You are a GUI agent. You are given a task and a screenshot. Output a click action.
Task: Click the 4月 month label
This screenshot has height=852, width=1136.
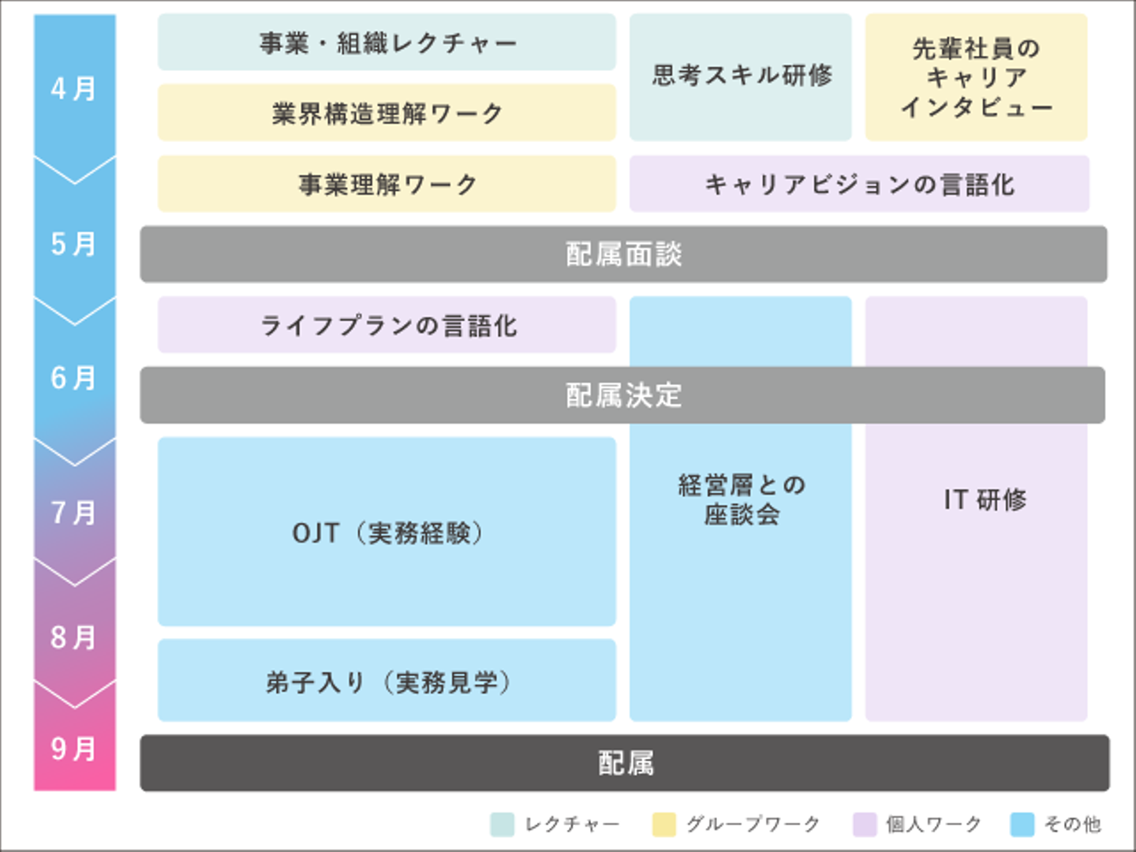pyautogui.click(x=74, y=88)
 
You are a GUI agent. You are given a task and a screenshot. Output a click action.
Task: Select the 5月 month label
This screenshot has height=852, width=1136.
pyautogui.click(x=74, y=244)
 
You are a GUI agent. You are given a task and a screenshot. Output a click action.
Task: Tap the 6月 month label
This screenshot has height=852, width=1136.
pyautogui.click(x=74, y=378)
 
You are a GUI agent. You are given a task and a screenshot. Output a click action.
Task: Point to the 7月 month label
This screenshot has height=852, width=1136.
pyautogui.click(x=74, y=513)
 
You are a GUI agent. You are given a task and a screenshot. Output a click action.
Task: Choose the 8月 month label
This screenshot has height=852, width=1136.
pyautogui.click(x=74, y=637)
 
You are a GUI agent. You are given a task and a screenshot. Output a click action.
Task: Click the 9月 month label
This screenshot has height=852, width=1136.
pyautogui.click(x=74, y=748)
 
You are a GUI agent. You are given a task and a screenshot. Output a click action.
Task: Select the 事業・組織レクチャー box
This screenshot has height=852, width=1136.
pyautogui.click(x=387, y=43)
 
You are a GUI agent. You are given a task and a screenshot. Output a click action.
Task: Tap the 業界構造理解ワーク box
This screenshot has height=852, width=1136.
pyautogui.click(x=387, y=113)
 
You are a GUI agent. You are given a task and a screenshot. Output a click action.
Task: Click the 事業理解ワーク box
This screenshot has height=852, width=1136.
pyautogui.click(x=387, y=184)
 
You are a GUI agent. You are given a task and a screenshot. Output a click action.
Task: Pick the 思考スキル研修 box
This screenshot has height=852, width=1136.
pyautogui.click(x=741, y=76)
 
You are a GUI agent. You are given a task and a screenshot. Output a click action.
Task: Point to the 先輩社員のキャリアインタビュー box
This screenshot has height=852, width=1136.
pyautogui.click(x=976, y=77)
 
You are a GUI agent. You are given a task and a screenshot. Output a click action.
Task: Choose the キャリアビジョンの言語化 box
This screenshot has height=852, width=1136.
pyautogui.click(x=859, y=184)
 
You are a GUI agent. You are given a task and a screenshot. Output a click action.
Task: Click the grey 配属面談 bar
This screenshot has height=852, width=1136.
pyautogui.click(x=623, y=254)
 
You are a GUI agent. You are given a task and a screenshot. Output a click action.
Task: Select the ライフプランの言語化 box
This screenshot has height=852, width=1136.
pyautogui.click(x=387, y=325)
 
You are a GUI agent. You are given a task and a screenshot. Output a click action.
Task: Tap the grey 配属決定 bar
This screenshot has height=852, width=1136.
pyautogui.click(x=623, y=395)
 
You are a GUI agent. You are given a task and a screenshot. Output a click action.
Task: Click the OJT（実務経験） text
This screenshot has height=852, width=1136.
pyautogui.click(x=387, y=532)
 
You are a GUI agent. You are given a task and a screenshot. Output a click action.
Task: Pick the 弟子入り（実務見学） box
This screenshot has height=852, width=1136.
pyautogui.click(x=387, y=681)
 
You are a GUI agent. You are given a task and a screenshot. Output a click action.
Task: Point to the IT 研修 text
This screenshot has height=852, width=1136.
pyautogui.click(x=985, y=499)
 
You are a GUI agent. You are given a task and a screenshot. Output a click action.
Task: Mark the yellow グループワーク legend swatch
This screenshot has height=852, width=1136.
pyautogui.click(x=664, y=824)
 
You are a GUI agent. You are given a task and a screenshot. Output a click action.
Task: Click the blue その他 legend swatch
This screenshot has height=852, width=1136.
pyautogui.click(x=1022, y=824)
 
